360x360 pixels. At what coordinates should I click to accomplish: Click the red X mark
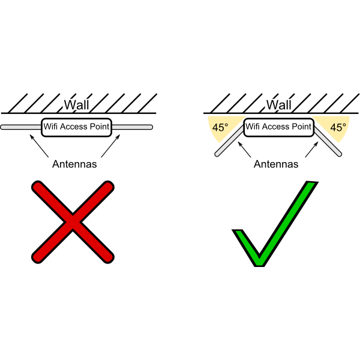click(73, 222)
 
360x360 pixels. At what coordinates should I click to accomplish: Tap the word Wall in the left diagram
click(76, 105)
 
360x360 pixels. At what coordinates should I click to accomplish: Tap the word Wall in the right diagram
click(279, 105)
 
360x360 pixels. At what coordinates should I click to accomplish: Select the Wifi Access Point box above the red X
click(76, 127)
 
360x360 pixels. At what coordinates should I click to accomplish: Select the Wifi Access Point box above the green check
click(279, 127)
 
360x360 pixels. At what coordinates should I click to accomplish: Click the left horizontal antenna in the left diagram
click(21, 127)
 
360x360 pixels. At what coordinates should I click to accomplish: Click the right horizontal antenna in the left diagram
click(132, 127)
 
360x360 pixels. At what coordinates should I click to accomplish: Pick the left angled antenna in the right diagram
click(229, 141)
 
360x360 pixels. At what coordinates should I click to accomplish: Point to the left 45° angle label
click(220, 127)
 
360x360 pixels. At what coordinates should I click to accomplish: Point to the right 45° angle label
click(338, 127)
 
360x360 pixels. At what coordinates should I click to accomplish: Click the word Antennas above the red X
click(74, 164)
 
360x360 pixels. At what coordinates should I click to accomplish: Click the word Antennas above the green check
click(276, 164)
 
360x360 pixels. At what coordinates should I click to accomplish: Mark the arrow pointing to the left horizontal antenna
click(39, 146)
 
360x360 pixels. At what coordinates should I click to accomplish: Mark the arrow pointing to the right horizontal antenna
click(110, 146)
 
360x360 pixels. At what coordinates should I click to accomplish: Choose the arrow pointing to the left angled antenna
click(244, 149)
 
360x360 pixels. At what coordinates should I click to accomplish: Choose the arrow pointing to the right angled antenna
click(311, 149)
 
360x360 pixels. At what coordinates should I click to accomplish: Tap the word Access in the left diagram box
click(73, 127)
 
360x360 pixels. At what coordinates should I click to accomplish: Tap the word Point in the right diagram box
click(301, 127)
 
